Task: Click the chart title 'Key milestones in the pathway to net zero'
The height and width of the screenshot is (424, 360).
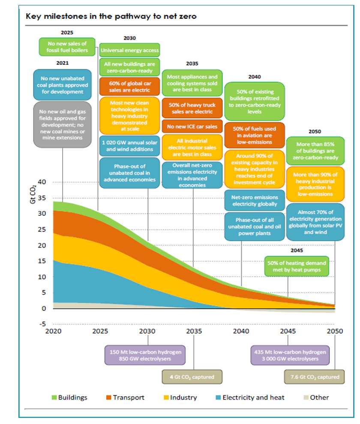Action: (x=111, y=17)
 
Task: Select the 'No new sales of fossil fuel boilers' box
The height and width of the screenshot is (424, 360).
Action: (x=67, y=47)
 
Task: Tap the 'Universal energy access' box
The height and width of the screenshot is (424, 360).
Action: (x=129, y=50)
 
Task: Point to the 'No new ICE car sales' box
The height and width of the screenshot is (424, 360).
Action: (x=192, y=126)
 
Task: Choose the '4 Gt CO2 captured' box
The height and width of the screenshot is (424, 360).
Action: (x=193, y=377)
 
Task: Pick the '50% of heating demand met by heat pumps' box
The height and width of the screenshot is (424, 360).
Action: (x=297, y=266)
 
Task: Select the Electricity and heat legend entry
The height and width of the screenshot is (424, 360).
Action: (x=250, y=397)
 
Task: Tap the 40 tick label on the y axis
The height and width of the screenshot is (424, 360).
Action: (x=42, y=182)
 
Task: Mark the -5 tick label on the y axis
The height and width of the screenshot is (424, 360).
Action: (x=42, y=324)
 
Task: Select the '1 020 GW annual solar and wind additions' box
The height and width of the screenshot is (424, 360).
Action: (x=129, y=146)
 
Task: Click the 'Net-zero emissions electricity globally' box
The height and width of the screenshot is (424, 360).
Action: (x=254, y=200)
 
